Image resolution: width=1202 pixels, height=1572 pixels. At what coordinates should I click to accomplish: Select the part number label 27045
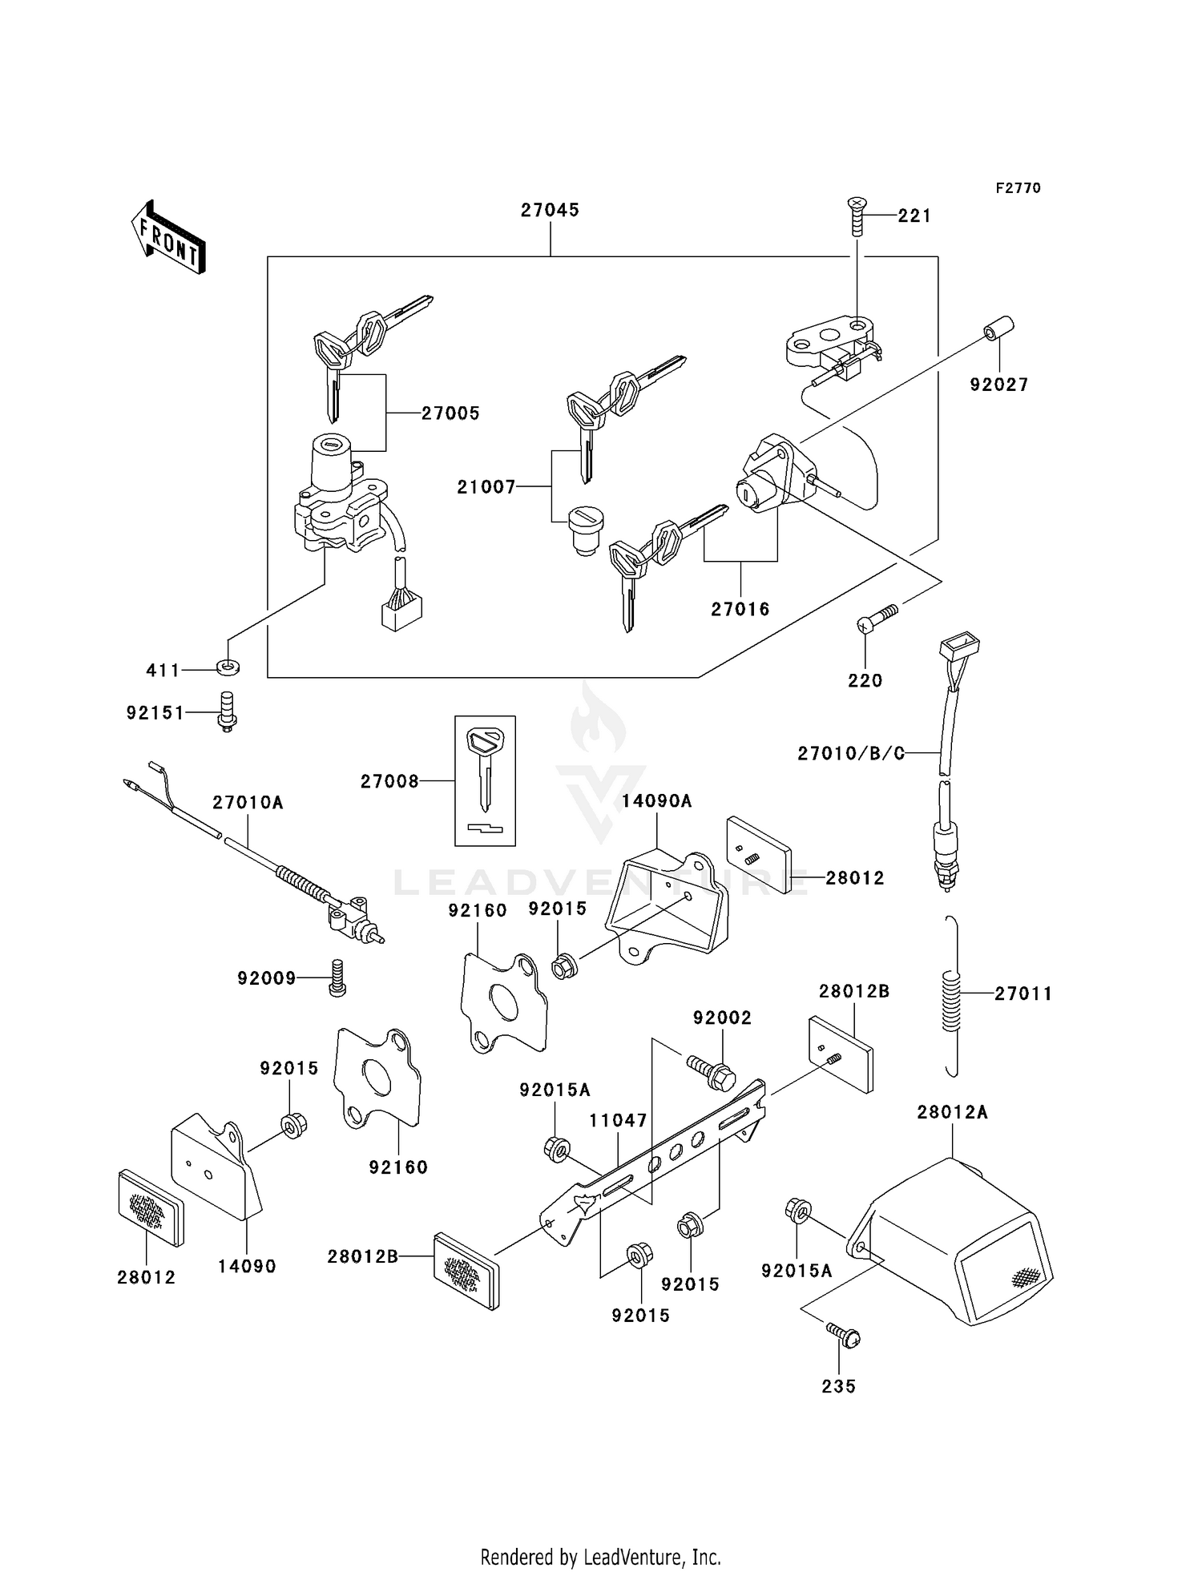coord(550,210)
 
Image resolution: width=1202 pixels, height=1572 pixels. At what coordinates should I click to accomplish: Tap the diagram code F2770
coord(1018,188)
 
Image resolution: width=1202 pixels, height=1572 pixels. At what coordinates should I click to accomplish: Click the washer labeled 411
coord(228,667)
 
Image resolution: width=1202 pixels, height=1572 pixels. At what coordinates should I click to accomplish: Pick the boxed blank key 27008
coord(485,780)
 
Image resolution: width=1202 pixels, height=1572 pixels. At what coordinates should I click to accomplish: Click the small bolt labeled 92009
coord(337,977)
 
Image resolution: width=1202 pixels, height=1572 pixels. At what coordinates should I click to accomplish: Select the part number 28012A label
coord(952,1112)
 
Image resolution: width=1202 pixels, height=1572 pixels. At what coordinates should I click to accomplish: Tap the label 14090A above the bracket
coord(656,800)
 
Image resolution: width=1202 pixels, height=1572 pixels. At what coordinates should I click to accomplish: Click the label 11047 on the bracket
coord(618,1120)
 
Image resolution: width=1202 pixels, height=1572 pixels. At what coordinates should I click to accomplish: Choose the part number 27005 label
coord(450,413)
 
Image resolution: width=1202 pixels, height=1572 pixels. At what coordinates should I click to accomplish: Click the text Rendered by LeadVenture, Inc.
coord(600,1557)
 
